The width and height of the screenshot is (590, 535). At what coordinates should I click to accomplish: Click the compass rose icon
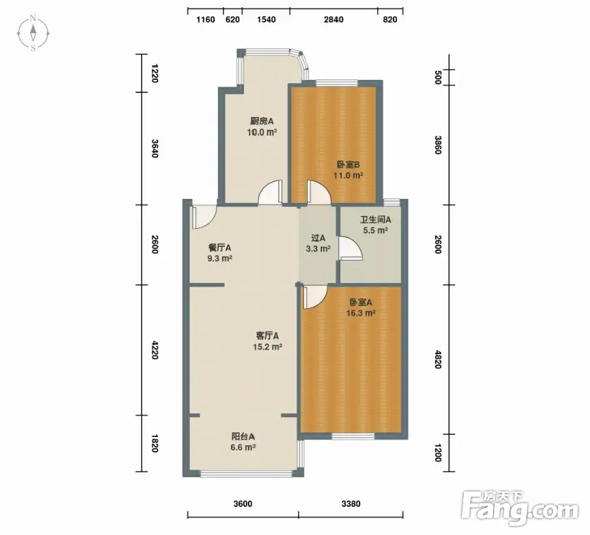(33, 33)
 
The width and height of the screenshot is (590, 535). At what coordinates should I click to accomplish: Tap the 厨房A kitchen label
(262, 121)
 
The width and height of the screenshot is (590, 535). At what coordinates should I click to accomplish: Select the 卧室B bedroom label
(348, 164)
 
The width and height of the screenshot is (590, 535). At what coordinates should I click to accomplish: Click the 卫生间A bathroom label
(375, 219)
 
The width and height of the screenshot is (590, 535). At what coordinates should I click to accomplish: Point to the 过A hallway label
(318, 238)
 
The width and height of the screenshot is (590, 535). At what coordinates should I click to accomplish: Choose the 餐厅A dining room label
(220, 248)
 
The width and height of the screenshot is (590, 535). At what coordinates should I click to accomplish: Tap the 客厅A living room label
(267, 335)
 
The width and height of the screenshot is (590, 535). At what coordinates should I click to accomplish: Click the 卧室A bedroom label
(361, 302)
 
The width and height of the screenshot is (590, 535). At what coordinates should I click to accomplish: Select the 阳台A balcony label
(243, 436)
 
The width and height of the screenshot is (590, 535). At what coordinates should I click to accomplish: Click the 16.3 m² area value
(361, 313)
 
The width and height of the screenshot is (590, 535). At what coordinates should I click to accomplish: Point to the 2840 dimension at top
(334, 20)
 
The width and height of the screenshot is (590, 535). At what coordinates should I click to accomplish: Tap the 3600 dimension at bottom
(243, 503)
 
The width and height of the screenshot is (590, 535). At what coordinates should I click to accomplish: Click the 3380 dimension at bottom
(351, 503)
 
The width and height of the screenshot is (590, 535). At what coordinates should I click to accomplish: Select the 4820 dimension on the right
(438, 359)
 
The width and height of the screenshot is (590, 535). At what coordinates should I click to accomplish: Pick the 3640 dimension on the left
(155, 148)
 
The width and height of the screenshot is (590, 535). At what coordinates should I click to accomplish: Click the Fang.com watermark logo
(520, 508)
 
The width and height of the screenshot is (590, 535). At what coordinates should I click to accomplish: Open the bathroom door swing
(351, 248)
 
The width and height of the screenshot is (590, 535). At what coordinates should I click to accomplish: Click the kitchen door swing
(270, 192)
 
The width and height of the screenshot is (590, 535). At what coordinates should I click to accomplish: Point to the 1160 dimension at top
(206, 20)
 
